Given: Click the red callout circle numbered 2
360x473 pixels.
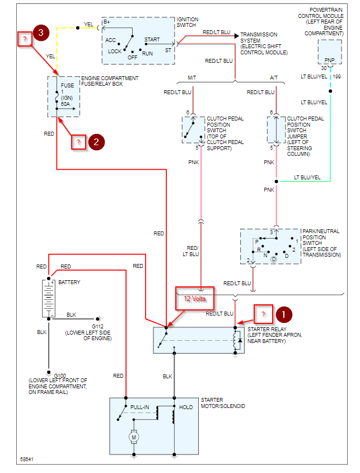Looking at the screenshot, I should [x=96, y=142].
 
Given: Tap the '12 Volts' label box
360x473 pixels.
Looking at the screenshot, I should [x=195, y=299].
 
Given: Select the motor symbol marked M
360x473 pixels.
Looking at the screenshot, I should [x=133, y=436].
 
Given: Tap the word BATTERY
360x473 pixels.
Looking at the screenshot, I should [x=69, y=282].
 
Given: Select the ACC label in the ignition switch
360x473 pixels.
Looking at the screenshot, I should [x=110, y=40].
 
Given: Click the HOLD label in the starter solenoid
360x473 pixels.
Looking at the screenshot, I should [x=186, y=407].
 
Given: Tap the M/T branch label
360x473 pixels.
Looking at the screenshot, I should [x=192, y=78].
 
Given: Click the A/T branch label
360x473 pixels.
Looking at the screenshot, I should [x=274, y=78].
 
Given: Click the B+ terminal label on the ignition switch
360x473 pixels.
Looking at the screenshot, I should [x=106, y=22].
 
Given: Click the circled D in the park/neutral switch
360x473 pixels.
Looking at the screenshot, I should [x=274, y=259].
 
